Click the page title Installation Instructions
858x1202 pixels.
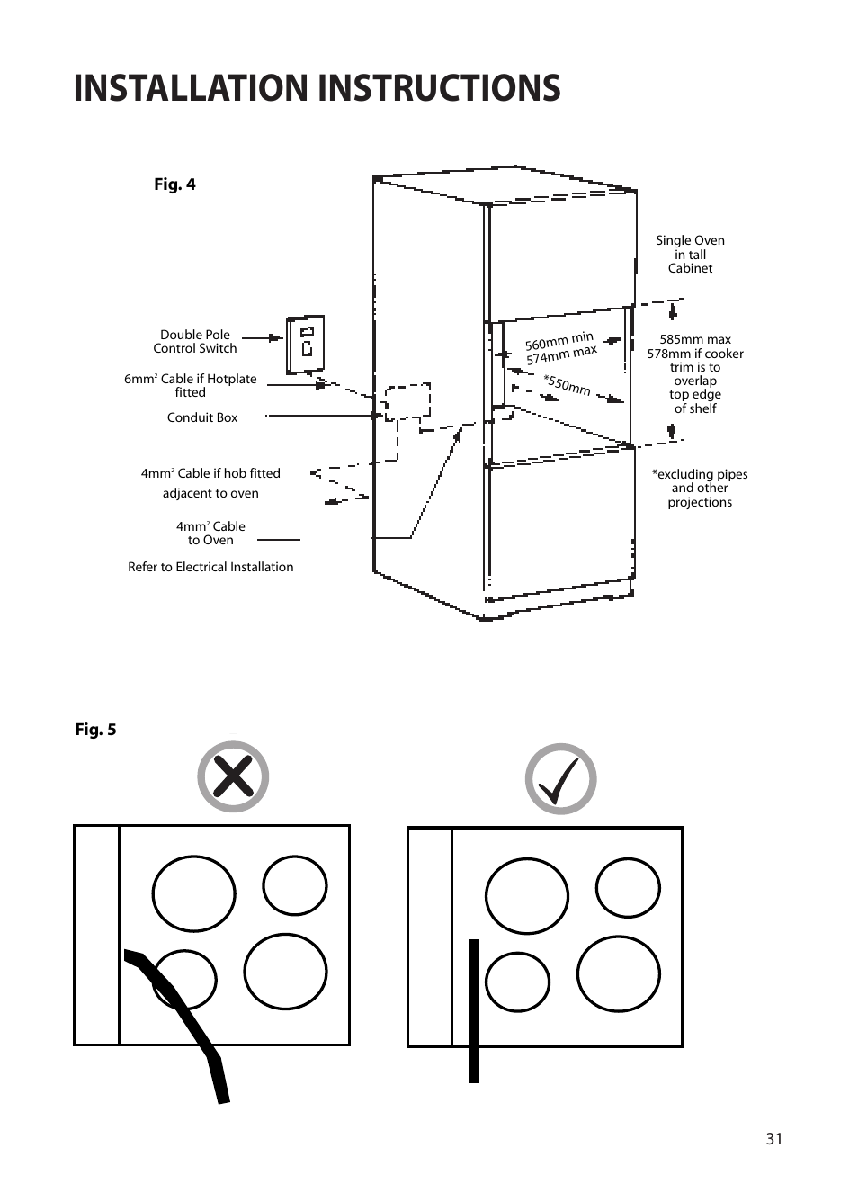317,88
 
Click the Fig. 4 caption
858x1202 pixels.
174,184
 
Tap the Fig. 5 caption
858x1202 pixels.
95,730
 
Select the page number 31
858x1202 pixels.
774,1139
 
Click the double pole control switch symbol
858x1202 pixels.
306,345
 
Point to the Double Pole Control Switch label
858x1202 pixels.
195,342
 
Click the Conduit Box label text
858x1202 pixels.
202,417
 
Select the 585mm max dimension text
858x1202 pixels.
695,340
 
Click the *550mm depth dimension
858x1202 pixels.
567,384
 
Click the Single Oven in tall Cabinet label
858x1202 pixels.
690,255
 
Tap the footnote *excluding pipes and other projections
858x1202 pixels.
700,489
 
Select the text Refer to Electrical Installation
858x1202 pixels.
210,567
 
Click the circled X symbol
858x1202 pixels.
233,776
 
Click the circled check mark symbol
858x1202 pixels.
561,779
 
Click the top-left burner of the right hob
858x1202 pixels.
527,896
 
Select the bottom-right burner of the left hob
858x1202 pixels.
285,972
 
